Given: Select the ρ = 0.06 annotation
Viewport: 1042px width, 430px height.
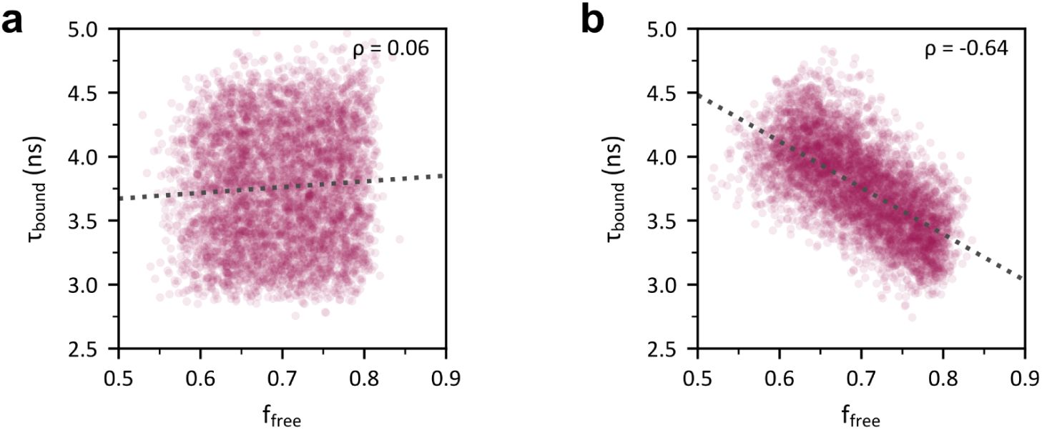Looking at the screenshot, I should pos(391,50).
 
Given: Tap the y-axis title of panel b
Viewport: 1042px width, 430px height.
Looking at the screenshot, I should pos(620,189).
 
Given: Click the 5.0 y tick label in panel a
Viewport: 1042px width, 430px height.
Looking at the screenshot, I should pos(94,29).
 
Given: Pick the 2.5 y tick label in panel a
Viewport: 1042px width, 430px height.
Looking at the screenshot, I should pos(94,349).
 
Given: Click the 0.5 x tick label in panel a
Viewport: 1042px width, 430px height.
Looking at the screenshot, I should pos(118,375).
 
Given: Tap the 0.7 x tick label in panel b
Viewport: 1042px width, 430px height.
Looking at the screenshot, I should pos(861,375).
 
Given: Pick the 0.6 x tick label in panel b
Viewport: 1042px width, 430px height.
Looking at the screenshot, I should pos(779,375).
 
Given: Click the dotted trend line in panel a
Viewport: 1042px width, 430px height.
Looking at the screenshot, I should pos(286,186).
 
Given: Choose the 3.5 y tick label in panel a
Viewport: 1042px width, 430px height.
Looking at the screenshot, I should pos(94,221).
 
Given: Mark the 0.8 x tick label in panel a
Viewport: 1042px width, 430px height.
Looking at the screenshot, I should pos(364,375).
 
